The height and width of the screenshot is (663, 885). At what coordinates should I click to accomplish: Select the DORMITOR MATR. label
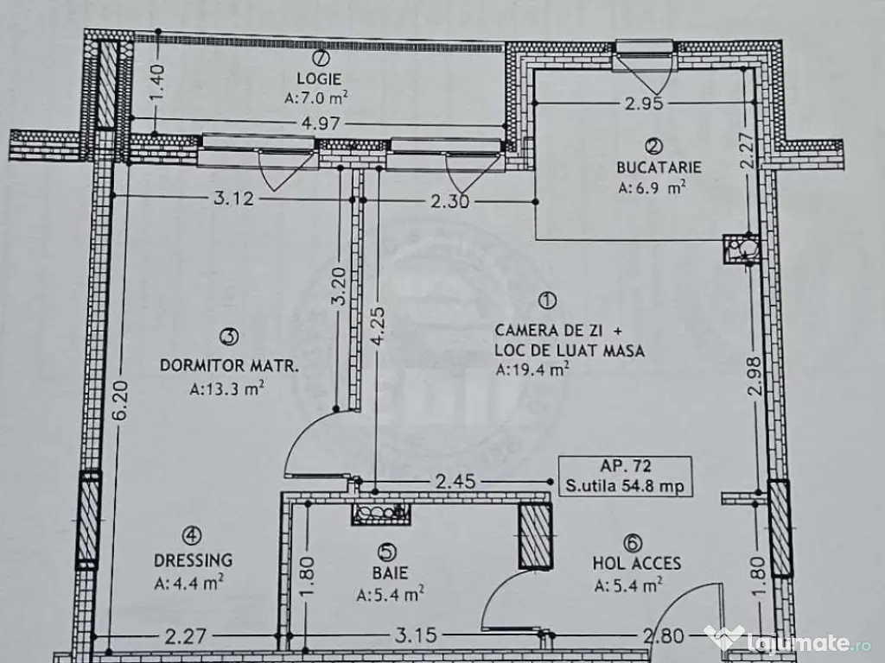[229, 365]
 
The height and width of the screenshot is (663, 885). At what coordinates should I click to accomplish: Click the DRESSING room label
[194, 560]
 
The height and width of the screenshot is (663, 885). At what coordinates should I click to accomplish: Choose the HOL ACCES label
[636, 564]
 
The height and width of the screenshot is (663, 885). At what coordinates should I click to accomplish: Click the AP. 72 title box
[625, 475]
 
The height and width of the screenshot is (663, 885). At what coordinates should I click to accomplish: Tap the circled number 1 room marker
[547, 300]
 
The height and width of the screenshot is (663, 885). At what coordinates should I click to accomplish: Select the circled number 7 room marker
[322, 59]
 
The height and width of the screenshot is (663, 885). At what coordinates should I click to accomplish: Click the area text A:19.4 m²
[532, 371]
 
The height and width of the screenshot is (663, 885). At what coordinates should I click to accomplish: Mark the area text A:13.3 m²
[226, 388]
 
